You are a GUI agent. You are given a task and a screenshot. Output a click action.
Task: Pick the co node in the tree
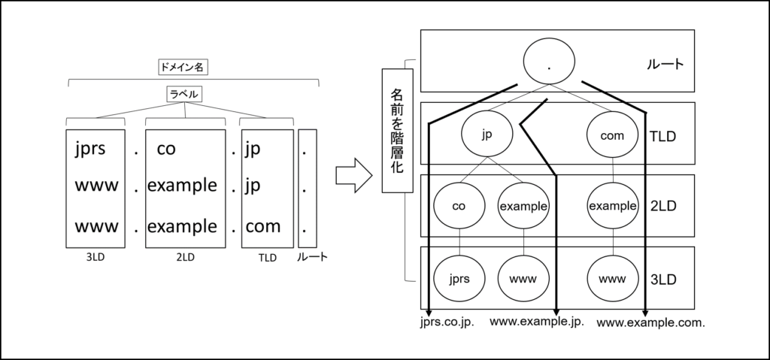click(x=459, y=205)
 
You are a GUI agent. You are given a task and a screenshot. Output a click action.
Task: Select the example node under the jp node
click(x=523, y=205)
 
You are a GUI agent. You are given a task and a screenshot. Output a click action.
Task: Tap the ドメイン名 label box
click(x=183, y=66)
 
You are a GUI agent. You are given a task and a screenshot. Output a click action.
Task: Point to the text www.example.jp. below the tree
click(x=537, y=322)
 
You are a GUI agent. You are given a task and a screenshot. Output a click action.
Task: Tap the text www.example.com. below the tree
click(x=651, y=323)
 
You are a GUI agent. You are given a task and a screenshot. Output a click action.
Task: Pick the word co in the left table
click(x=166, y=149)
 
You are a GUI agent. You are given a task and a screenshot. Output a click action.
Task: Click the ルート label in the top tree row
click(x=665, y=64)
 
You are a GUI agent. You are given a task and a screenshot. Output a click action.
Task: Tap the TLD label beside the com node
click(x=662, y=136)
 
